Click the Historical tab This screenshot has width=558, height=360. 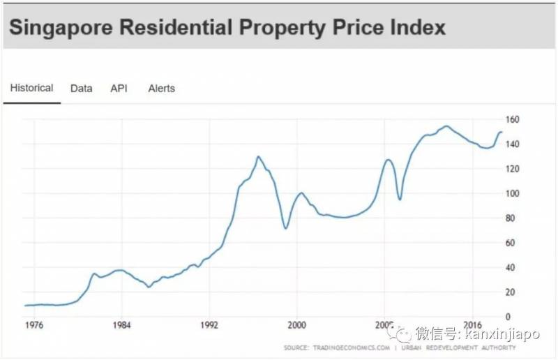tap(31, 88)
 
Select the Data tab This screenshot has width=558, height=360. tap(81, 89)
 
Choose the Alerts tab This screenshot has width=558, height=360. tap(161, 89)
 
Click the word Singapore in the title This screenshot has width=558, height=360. tap(61, 28)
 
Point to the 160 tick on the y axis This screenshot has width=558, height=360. tap(513, 119)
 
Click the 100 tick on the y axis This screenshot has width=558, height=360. tap(513, 193)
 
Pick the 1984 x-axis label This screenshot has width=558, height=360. tap(121, 325)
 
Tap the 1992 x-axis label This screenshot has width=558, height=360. tap(209, 325)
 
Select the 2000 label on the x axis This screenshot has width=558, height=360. tap(296, 325)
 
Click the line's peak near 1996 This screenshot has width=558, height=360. tap(258, 156)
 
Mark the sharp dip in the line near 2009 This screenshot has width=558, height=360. tap(400, 200)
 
